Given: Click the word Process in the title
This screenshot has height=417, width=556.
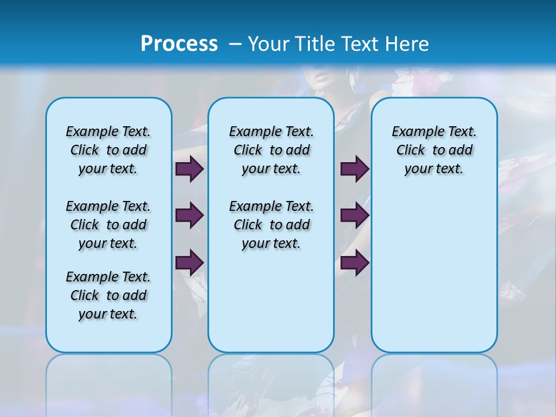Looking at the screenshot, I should (179, 44).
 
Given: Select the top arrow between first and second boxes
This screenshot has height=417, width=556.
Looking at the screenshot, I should (189, 169).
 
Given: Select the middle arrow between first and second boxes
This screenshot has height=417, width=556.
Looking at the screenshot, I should (189, 215).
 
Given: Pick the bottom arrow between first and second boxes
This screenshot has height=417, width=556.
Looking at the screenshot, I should (189, 263).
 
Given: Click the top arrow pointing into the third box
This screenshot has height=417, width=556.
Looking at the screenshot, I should (354, 169).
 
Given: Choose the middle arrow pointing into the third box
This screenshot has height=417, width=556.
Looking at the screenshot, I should (354, 215).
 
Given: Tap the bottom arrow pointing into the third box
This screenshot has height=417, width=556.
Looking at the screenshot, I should (354, 263).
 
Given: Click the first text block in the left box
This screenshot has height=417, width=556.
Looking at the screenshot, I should (108, 150).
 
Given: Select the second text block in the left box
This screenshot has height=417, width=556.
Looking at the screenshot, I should (108, 225).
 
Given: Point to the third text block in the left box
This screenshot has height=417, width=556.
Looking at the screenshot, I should (108, 295).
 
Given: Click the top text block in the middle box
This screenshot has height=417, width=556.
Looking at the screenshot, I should (271, 150).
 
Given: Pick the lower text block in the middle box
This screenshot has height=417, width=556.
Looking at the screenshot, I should (271, 225).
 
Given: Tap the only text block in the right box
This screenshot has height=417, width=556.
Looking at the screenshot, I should (434, 150).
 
